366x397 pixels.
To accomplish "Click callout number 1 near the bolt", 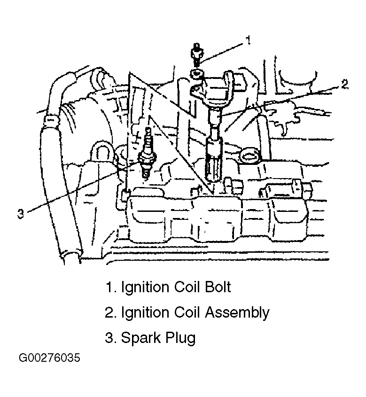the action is (x=248, y=40).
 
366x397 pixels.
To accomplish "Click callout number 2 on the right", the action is (x=344, y=84).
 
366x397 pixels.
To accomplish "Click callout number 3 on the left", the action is (x=21, y=213).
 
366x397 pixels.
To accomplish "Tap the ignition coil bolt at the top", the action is (x=197, y=54).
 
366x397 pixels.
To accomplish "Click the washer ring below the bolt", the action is (x=197, y=74).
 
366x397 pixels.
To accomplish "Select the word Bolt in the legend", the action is (x=218, y=287).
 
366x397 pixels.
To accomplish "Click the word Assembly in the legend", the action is (x=237, y=312).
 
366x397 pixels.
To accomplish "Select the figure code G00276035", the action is (x=50, y=358).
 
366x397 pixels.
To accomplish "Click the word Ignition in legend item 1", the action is (x=145, y=288).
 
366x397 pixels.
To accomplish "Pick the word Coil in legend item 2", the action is (x=187, y=312).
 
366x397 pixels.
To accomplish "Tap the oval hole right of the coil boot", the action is (x=250, y=156).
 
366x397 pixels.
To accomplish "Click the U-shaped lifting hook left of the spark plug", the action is (x=102, y=152).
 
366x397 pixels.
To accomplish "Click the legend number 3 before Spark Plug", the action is (x=109, y=338).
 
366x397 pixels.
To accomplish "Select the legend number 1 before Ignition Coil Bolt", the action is (x=109, y=288).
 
